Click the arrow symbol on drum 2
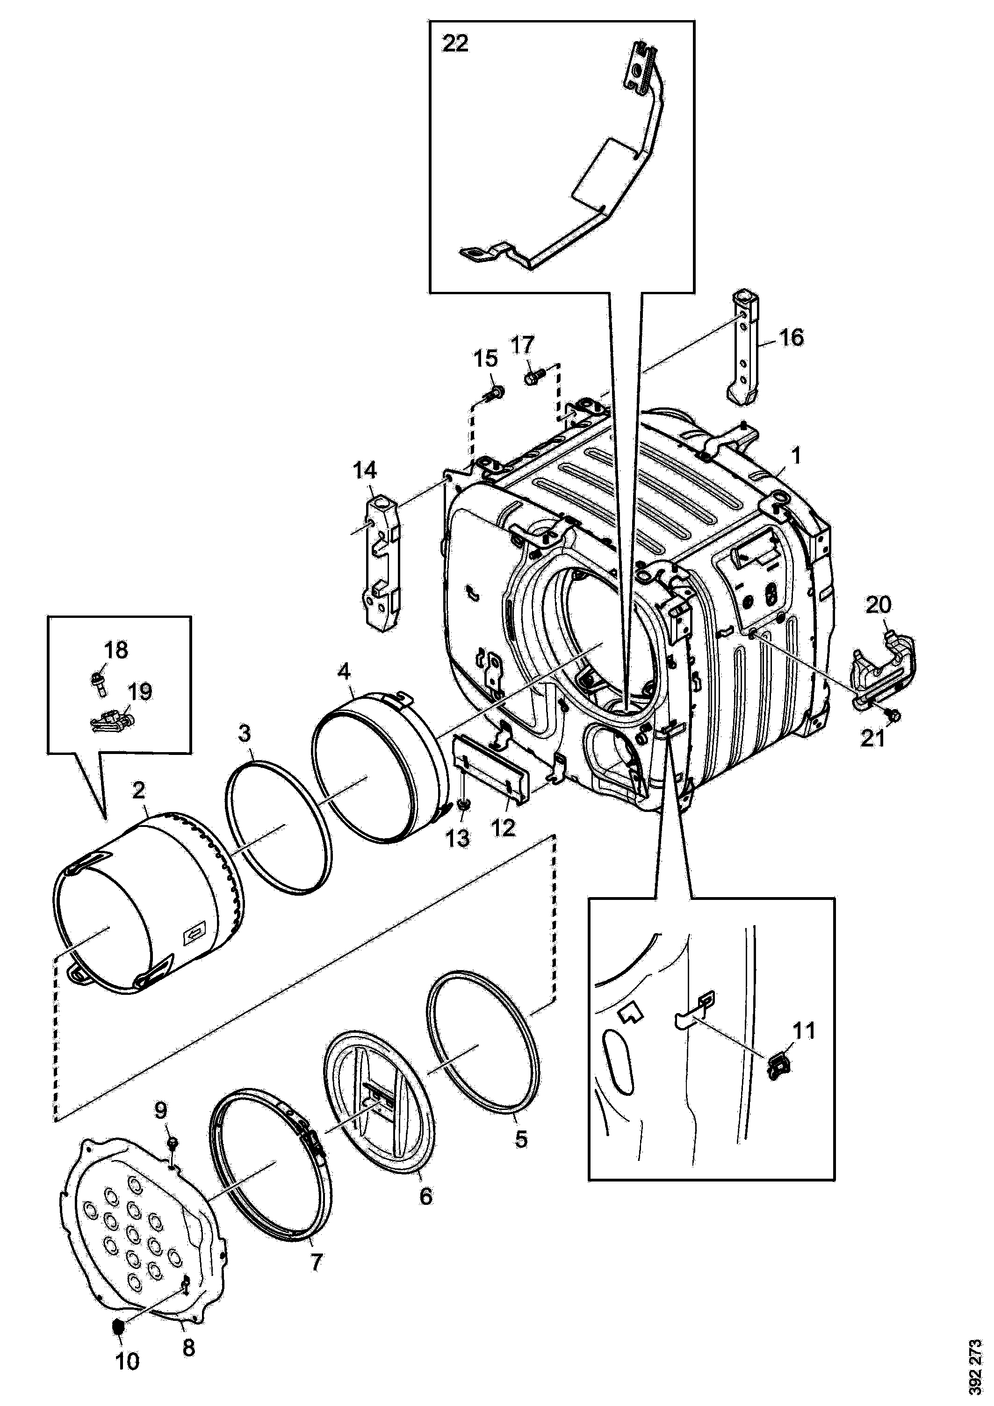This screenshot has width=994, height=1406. click(194, 951)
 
